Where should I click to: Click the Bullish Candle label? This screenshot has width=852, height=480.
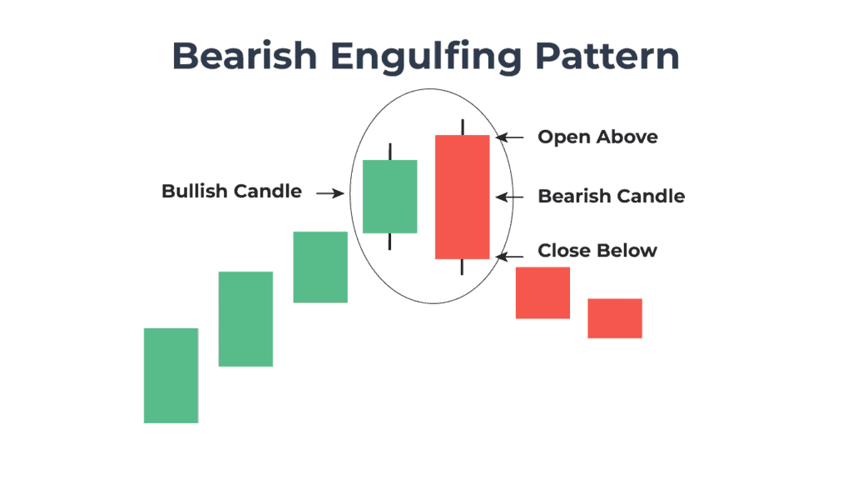(231, 192)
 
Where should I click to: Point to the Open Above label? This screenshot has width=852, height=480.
(597, 137)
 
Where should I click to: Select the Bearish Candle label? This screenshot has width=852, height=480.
(612, 197)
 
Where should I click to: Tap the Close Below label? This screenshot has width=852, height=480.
(597, 251)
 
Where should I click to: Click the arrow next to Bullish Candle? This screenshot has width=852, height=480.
(330, 193)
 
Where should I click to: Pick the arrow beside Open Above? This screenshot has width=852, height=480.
(509, 137)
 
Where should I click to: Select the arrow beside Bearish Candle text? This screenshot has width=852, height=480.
(509, 197)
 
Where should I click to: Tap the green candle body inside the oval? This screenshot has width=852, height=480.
(389, 196)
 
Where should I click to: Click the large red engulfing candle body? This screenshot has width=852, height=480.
(462, 197)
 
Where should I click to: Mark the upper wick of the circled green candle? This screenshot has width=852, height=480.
(389, 151)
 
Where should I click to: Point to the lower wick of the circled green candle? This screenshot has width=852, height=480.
(389, 241)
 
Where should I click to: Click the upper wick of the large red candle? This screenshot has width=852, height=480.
(462, 127)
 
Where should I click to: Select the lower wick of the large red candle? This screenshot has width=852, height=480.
(462, 267)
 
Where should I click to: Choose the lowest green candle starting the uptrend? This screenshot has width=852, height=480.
(171, 375)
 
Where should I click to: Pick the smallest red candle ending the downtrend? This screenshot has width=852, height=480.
(614, 318)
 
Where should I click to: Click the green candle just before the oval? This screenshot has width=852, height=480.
(320, 267)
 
